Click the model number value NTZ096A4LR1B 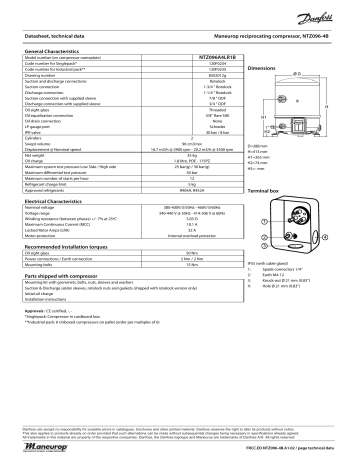coord(206,57)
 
